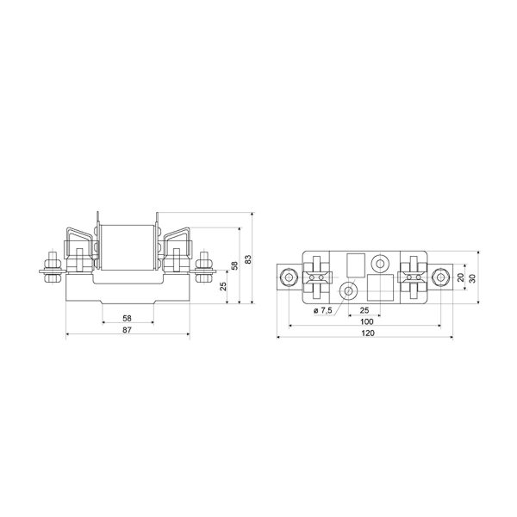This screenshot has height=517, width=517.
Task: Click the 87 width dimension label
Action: point(127,329)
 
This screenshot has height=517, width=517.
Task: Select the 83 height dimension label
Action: point(248,258)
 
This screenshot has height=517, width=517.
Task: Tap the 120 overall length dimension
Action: point(368,333)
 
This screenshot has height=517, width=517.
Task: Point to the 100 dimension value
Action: point(367,321)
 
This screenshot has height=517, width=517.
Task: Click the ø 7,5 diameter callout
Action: point(323,310)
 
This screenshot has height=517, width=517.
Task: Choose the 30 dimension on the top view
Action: point(472,278)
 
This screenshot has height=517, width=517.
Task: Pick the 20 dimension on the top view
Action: point(461,277)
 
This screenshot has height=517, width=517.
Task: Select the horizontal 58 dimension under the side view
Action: point(127,318)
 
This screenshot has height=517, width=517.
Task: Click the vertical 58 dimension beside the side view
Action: point(234,265)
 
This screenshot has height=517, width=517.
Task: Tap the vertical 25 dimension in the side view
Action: point(223,286)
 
